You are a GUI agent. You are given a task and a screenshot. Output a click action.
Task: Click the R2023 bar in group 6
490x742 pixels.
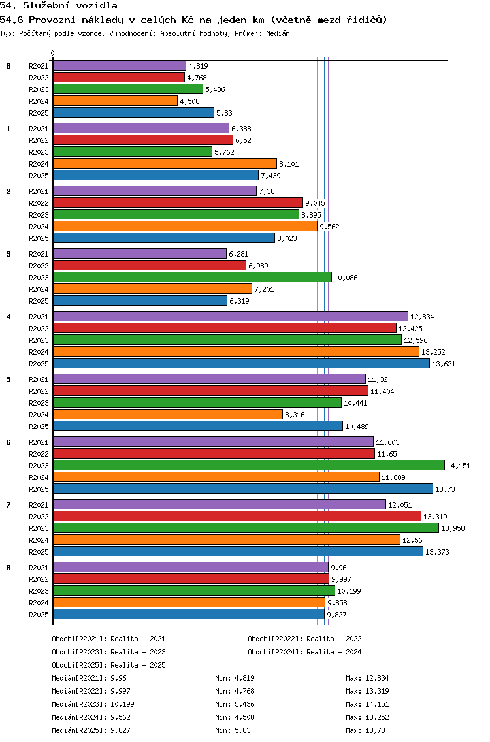(x=248, y=465)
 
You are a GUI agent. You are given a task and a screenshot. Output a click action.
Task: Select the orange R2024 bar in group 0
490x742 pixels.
(x=115, y=101)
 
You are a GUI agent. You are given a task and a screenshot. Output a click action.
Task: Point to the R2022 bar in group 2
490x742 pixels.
(x=178, y=202)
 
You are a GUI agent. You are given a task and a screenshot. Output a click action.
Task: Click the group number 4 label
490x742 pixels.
(x=8, y=317)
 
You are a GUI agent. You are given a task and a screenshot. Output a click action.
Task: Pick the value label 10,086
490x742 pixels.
(x=346, y=278)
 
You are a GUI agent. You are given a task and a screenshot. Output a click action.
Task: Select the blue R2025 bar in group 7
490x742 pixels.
(x=238, y=551)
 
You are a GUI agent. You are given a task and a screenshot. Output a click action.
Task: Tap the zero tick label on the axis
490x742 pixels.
(x=53, y=53)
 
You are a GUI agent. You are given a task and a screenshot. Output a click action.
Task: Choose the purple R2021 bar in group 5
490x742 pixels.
(x=209, y=379)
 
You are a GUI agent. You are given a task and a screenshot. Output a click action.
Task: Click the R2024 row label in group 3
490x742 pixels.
(x=39, y=289)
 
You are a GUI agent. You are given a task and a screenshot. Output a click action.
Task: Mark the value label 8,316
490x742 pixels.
(x=295, y=415)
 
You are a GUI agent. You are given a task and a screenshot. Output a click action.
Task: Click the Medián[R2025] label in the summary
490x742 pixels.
(x=78, y=730)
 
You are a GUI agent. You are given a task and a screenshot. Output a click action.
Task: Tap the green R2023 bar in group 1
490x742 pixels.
(x=133, y=152)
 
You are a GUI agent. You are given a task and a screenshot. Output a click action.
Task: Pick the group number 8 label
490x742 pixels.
(x=8, y=568)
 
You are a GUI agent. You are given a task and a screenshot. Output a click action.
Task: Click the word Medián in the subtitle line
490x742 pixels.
(x=277, y=33)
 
